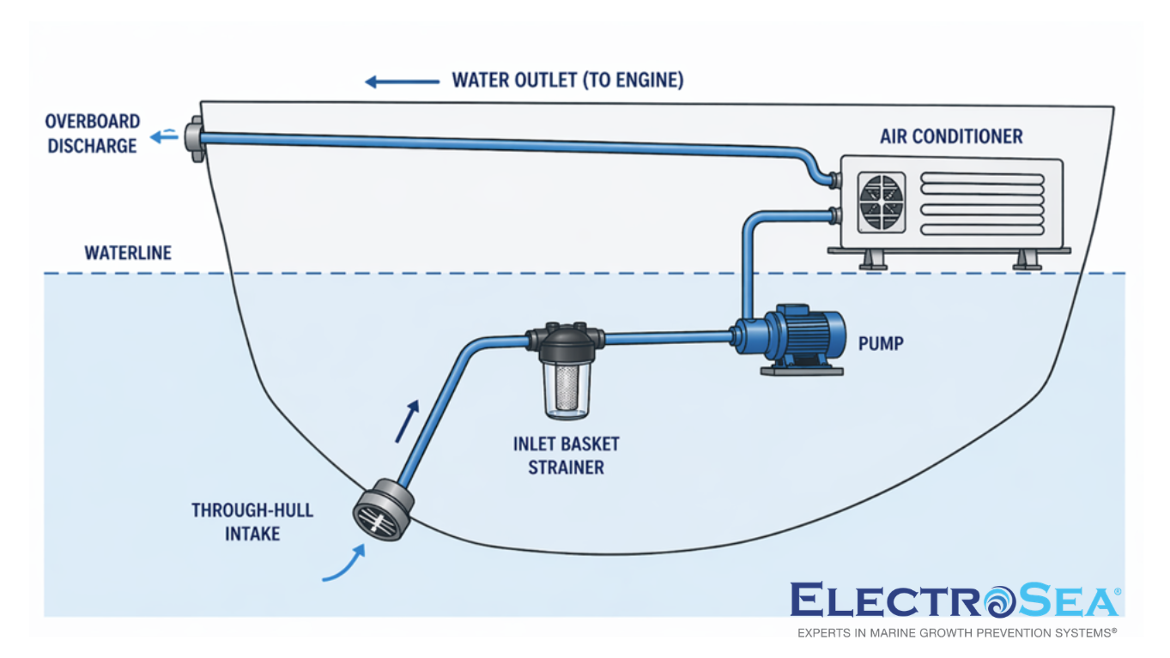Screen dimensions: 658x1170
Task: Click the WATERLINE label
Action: point(128,253)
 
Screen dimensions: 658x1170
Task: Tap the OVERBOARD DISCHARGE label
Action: point(92,134)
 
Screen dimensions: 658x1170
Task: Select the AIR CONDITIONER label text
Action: point(951,136)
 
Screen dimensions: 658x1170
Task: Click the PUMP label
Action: point(881,344)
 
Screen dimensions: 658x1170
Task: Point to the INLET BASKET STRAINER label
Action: point(566,456)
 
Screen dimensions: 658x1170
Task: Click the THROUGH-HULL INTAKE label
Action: point(252,522)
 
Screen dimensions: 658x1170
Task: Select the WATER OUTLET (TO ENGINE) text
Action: point(567,81)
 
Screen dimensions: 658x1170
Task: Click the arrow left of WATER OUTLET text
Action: point(402,81)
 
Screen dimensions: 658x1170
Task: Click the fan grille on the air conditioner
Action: point(882,202)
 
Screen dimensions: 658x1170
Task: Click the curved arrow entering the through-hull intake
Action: point(343,567)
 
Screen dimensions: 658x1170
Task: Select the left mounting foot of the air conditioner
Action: point(873,260)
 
